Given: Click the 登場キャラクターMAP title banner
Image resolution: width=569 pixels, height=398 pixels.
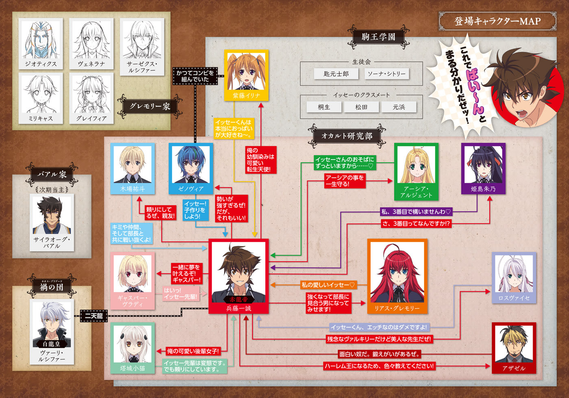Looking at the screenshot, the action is tap(497, 21).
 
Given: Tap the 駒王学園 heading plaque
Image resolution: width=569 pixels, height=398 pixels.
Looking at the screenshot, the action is tap(378, 37).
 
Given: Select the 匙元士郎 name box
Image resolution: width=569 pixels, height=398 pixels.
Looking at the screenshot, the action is tap(336, 74).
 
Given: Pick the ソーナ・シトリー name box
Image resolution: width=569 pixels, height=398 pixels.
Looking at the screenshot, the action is tap(387, 74).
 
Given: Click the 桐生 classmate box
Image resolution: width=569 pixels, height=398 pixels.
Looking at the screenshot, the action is tap(324, 107).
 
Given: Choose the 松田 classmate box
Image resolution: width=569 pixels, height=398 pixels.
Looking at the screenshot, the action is tap(361, 107).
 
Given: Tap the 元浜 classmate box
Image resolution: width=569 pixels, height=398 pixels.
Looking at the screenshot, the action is tap(399, 107).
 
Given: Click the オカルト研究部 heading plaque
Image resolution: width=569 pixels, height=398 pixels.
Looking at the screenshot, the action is tap(347, 136).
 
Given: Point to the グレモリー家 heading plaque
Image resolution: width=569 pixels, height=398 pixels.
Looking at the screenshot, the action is tap(150, 106).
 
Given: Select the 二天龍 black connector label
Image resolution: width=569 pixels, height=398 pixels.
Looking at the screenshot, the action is tap(94, 316).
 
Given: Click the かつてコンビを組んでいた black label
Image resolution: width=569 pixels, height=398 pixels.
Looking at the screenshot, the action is tap(195, 76).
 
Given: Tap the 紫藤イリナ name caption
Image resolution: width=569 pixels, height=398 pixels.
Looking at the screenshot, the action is tap(246, 95).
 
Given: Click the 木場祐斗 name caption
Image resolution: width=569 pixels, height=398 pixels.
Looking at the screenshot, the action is tap(132, 189).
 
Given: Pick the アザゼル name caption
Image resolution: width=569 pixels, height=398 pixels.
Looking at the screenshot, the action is tap(514, 368).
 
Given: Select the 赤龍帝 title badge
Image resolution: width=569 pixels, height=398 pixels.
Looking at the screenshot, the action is tap(239, 300).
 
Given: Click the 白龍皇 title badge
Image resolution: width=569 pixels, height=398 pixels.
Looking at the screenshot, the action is tap(52, 344).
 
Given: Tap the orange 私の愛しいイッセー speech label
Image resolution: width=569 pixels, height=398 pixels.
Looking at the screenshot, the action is tap(328, 285).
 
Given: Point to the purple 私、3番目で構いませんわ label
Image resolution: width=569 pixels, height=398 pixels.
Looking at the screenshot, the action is tap(416, 212).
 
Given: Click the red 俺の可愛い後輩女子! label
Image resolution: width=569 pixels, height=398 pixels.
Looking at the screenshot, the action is tap(193, 351).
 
